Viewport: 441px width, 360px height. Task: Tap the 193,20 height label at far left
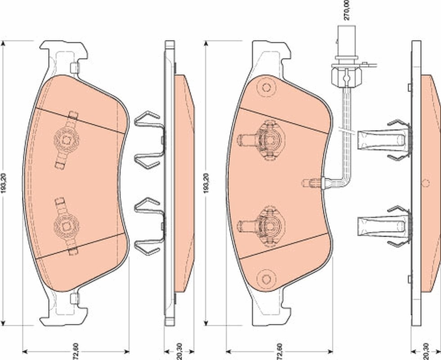tap(4, 183)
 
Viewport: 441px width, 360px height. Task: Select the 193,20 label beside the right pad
tap(207, 183)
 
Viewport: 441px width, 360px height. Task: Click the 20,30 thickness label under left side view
tap(180, 351)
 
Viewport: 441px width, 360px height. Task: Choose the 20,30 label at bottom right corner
tap(426, 351)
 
